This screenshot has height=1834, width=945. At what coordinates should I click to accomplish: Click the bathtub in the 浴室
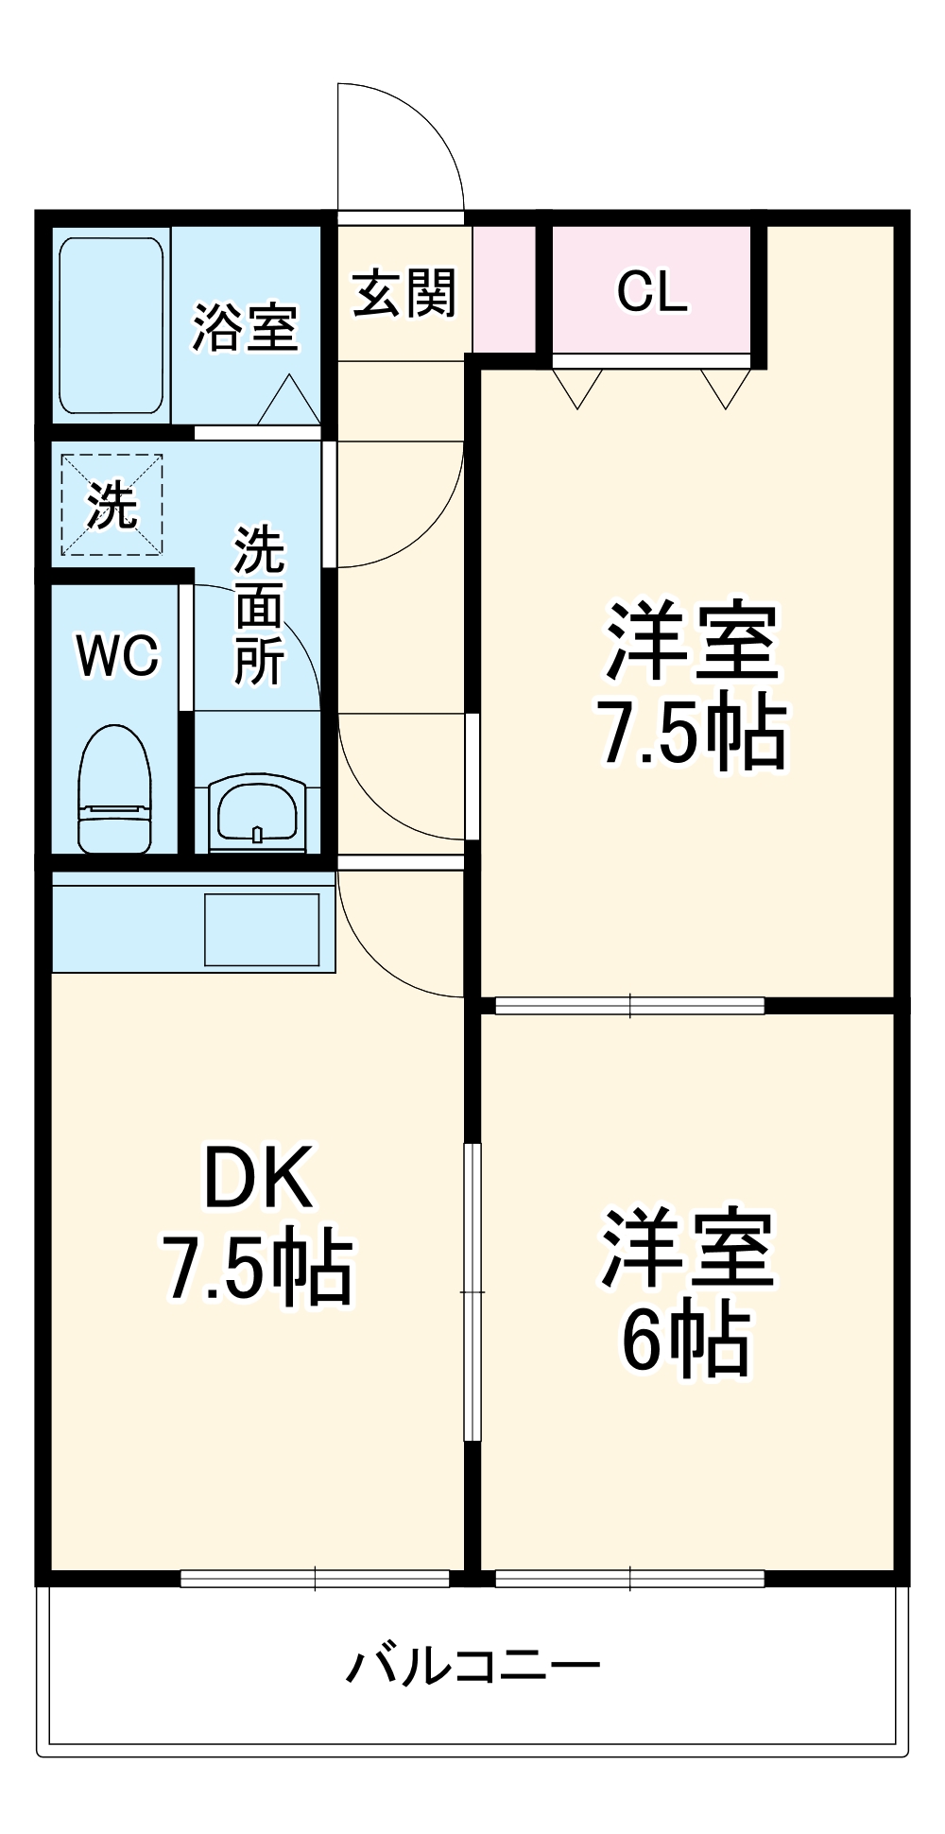point(112,325)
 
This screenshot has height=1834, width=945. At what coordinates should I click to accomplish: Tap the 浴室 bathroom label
point(246,328)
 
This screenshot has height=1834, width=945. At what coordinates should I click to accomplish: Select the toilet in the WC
point(114,788)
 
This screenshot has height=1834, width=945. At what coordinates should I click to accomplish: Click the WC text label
point(118,654)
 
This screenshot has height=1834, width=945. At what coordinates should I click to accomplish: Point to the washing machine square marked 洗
point(112,505)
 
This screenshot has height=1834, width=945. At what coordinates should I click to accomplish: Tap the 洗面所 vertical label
point(259,605)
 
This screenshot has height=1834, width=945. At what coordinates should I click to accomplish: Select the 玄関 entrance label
point(404,294)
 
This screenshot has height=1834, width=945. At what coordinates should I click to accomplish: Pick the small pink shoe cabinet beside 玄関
point(504,288)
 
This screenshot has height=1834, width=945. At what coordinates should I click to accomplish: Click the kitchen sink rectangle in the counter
point(262,929)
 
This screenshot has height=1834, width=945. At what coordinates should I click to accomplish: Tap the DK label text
point(258,1178)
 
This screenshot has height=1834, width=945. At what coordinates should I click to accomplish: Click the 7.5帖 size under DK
point(258,1269)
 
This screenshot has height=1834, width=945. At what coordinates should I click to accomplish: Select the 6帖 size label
point(685,1341)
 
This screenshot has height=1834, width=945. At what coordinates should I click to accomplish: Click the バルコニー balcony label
point(472,1666)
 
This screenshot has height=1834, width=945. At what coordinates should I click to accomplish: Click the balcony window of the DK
point(315,1578)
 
